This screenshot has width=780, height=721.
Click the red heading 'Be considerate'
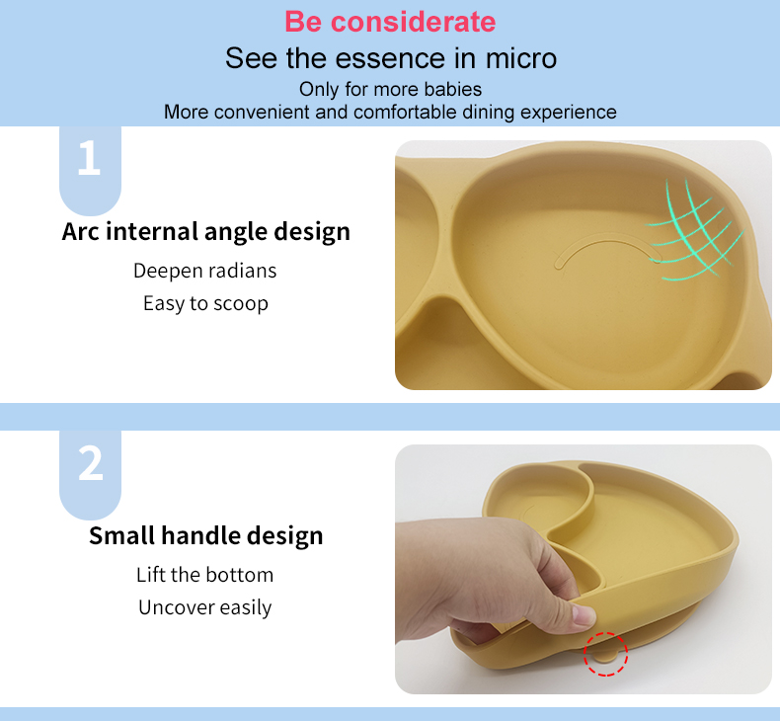[x=390, y=22]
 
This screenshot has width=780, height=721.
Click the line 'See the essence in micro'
[x=390, y=57]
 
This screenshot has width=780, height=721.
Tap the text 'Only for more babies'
[x=390, y=89]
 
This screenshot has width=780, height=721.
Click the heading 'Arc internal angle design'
[x=205, y=232]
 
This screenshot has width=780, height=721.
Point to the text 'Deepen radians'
[x=204, y=271]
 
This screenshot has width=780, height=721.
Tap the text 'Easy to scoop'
[x=205, y=303]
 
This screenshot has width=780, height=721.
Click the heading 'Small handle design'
[x=205, y=536]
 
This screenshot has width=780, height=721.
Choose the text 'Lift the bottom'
[x=204, y=575]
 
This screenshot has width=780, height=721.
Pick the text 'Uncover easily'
[x=204, y=607]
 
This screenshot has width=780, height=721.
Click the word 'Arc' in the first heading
[x=80, y=232]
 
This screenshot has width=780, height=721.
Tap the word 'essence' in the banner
[x=383, y=57]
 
